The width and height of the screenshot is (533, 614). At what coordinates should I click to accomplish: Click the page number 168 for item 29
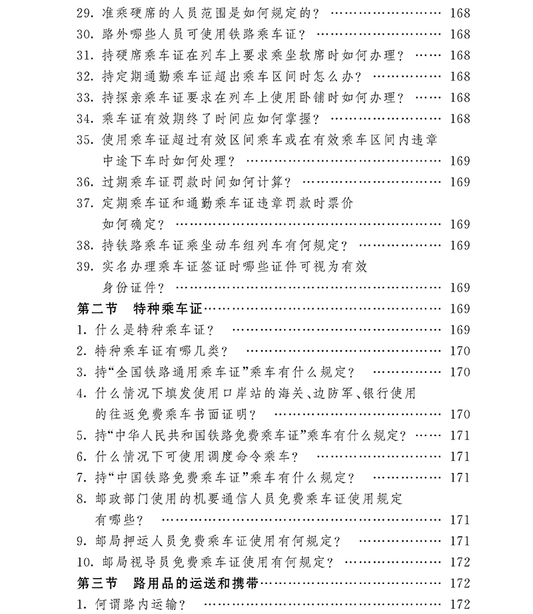pos(460,13)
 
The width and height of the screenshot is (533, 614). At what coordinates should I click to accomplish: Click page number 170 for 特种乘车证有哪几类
pos(460,351)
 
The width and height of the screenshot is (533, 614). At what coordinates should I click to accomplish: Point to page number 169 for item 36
pos(460,182)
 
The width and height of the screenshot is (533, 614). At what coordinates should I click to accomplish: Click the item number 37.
pos(86,203)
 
